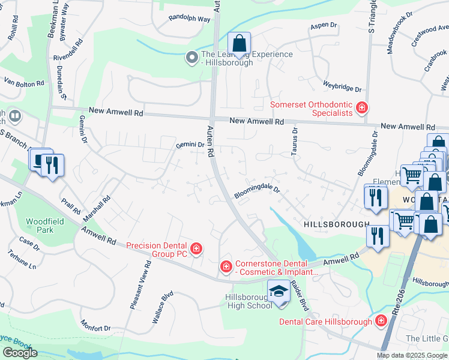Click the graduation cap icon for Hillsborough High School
[x=279, y=292]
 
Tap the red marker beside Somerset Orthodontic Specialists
[x=361, y=108]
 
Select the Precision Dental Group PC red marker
[x=196, y=248]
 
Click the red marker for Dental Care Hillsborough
[x=381, y=322]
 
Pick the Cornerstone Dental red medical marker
[x=226, y=266]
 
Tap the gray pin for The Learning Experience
[x=192, y=58]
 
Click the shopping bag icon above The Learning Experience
[x=239, y=44]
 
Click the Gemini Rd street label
[x=187, y=145]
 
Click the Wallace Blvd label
[x=162, y=307]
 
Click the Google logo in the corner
[x=20, y=353]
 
